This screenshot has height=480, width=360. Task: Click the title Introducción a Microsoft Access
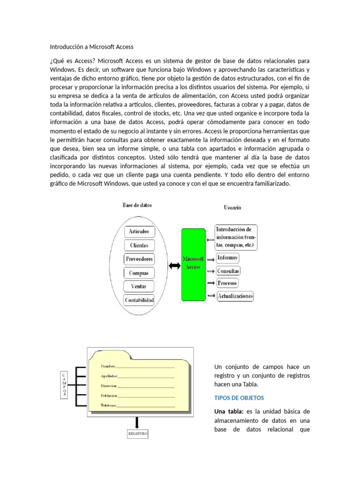(x=92, y=47)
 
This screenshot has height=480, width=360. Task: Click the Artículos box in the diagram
(x=139, y=231)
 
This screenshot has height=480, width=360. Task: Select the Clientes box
(x=139, y=245)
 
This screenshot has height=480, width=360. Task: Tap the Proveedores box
(x=139, y=259)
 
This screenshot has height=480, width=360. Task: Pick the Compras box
(x=139, y=273)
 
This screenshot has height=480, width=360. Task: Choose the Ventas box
(x=139, y=286)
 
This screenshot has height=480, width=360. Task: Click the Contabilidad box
(x=139, y=300)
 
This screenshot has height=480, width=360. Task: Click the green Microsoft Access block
(x=193, y=264)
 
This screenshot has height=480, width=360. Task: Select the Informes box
(x=227, y=258)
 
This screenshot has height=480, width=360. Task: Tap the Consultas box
(x=228, y=271)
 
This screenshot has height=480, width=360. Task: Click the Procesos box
(x=227, y=283)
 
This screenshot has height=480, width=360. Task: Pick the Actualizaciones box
(x=234, y=296)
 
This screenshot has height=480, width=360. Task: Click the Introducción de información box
(x=236, y=238)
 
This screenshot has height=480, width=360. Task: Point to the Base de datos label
(x=137, y=205)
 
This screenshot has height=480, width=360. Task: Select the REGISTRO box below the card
(x=138, y=434)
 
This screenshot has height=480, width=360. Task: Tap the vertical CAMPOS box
(x=64, y=385)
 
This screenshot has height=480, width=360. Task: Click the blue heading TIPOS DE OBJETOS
(x=239, y=398)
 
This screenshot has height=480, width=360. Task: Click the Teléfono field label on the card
(x=109, y=405)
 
